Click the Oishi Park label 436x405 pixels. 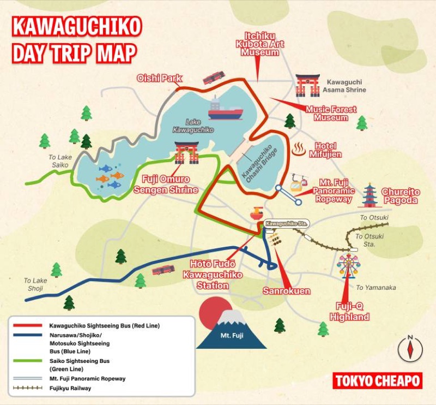click(159, 78)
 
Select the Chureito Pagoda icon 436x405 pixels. click(370, 195)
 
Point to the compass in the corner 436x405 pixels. click(410, 348)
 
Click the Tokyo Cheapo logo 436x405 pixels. click(377, 380)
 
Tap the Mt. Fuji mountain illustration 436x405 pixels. click(232, 330)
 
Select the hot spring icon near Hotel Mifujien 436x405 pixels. click(298, 148)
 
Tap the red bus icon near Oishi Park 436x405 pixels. click(213, 78)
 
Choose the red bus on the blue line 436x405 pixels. click(163, 270)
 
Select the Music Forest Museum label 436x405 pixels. click(331, 113)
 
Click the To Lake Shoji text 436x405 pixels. click(35, 284)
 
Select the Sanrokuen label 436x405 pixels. click(286, 290)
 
